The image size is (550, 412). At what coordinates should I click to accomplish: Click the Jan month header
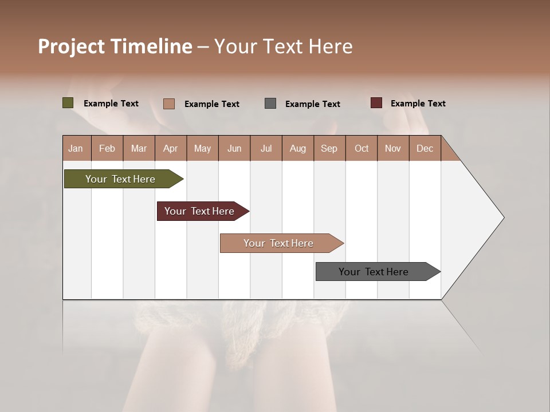pyautogui.click(x=76, y=148)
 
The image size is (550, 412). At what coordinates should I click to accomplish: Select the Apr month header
pyautogui.click(x=170, y=148)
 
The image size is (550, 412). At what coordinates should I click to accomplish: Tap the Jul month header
pyautogui.click(x=266, y=148)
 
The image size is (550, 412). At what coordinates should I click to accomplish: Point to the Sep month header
pyautogui.click(x=329, y=148)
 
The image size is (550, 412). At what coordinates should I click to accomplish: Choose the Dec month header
pyautogui.click(x=425, y=148)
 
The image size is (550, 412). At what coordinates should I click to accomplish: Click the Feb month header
pyautogui.click(x=107, y=148)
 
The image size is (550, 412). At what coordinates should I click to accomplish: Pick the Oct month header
pyautogui.click(x=362, y=148)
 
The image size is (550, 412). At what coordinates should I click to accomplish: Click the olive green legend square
pyautogui.click(x=68, y=103)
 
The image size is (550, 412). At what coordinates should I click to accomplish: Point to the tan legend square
pyautogui.click(x=169, y=104)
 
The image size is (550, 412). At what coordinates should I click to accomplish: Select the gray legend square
pyautogui.click(x=270, y=103)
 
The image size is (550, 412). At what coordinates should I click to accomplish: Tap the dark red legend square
pyautogui.click(x=376, y=103)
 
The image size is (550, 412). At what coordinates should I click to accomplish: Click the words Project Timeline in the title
pyautogui.click(x=115, y=46)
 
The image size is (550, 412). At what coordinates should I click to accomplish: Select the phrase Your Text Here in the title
pyautogui.click(x=283, y=46)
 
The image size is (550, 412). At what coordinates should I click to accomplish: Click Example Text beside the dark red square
pyautogui.click(x=418, y=104)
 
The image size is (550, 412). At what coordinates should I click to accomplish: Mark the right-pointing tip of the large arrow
pyautogui.click(x=502, y=217)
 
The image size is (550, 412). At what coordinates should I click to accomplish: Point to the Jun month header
pyautogui.click(x=234, y=148)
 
